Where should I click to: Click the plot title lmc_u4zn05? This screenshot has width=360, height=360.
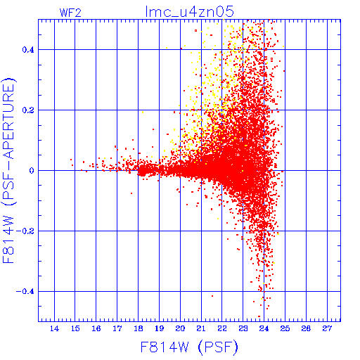[x=190, y=11]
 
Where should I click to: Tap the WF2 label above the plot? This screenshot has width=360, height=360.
[x=70, y=13]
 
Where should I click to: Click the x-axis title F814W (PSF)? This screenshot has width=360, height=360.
[x=189, y=347]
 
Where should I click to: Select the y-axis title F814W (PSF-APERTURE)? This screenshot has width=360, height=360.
[x=8, y=170]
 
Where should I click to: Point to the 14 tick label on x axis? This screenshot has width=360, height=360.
[x=54, y=328]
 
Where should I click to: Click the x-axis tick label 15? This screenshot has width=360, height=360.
[x=75, y=328]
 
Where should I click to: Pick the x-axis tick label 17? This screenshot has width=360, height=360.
[x=117, y=328]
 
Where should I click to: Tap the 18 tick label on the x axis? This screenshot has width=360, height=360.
[x=139, y=328]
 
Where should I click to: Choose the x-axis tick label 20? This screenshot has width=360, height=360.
[x=180, y=328]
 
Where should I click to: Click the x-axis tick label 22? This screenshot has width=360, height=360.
[x=222, y=328]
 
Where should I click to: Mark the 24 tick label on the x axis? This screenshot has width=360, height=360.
[x=264, y=328]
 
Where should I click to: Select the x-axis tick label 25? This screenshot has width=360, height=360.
[x=285, y=328]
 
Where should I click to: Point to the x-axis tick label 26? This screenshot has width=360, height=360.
[x=306, y=328]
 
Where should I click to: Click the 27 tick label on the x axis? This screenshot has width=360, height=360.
[x=327, y=328]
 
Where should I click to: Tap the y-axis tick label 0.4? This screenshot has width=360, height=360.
[x=28, y=50]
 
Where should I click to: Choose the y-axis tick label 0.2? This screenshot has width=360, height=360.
[x=28, y=110]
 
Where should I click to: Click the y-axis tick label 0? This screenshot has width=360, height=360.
[x=32, y=171]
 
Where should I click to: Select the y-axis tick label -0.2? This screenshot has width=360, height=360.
[x=25, y=231]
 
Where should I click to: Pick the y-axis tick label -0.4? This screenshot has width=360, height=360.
[x=25, y=292]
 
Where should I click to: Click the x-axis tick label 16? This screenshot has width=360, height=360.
[x=96, y=328]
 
